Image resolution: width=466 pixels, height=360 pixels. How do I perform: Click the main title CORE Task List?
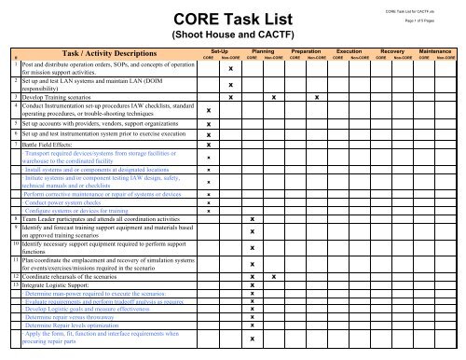click(232, 21)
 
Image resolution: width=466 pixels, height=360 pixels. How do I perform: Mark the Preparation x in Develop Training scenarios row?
click(320, 97)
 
